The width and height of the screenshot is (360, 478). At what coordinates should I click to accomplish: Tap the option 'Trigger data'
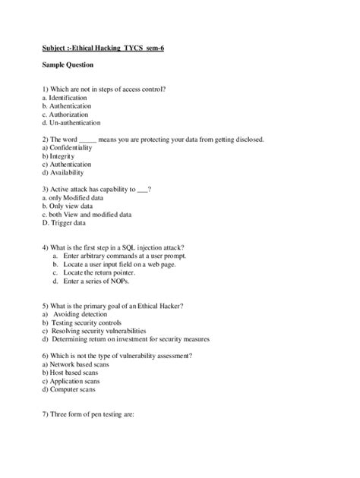(65, 223)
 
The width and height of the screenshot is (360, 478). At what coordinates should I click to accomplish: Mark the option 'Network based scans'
(79, 364)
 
